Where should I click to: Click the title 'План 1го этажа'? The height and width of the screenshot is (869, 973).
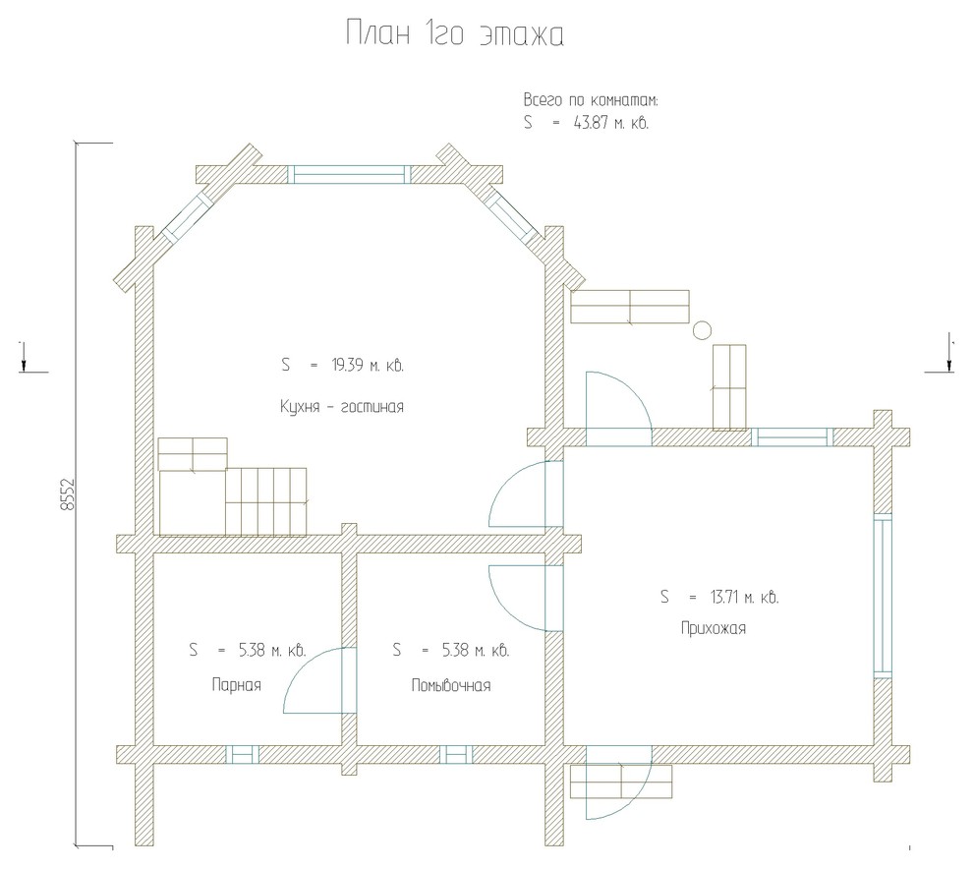point(455,33)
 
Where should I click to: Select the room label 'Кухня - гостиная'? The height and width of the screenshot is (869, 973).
point(342,407)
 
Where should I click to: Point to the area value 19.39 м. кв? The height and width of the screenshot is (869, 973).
point(368,365)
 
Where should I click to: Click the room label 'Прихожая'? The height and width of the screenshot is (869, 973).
point(713,628)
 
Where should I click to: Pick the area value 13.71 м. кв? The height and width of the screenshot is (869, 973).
point(744,597)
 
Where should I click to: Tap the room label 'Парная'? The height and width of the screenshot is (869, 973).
point(237,685)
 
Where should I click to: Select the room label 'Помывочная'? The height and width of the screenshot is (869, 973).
point(451,685)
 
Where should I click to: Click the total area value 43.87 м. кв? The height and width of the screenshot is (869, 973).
point(611,123)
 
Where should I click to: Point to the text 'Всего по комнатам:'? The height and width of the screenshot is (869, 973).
point(591,100)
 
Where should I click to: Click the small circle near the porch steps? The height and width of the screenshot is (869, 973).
point(702,330)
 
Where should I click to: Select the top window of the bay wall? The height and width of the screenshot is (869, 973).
point(349,174)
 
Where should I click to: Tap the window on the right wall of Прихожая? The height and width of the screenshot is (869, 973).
point(883,596)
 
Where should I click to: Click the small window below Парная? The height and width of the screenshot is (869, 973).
point(242,754)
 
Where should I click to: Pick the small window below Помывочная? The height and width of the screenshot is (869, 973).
point(456,754)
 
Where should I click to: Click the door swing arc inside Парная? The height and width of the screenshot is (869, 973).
point(303,665)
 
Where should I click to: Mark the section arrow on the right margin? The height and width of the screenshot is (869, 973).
point(950,354)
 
